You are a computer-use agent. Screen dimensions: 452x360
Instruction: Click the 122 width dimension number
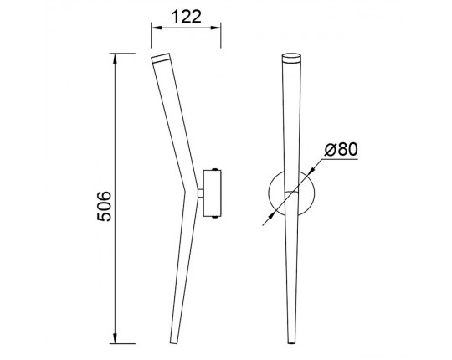(186, 17)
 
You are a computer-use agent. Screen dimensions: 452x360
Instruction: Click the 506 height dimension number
(104, 206)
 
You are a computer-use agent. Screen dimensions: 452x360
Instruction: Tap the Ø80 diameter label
(341, 150)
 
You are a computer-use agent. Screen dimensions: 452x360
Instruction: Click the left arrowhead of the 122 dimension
(156, 28)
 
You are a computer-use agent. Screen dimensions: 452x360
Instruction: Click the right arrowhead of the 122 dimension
(216, 28)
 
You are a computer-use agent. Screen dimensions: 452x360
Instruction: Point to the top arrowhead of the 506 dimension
(115, 59)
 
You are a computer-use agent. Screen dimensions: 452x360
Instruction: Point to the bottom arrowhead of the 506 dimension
(115, 338)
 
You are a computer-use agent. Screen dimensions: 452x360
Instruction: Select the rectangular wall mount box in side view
(212, 193)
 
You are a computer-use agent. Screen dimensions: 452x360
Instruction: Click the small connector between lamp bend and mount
(201, 193)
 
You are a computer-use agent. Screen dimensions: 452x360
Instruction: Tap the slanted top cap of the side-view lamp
(161, 58)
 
